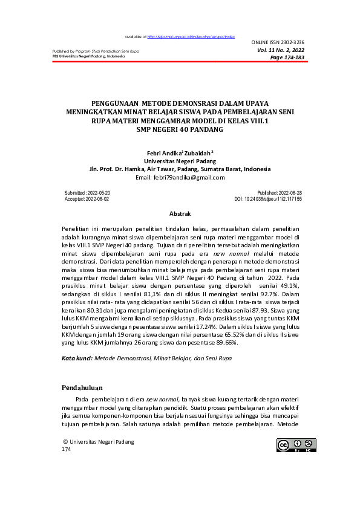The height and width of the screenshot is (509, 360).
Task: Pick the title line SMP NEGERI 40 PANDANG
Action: (180, 129)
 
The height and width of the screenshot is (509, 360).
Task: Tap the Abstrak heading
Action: (180, 214)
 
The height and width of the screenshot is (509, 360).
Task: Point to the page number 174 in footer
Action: (67, 450)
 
